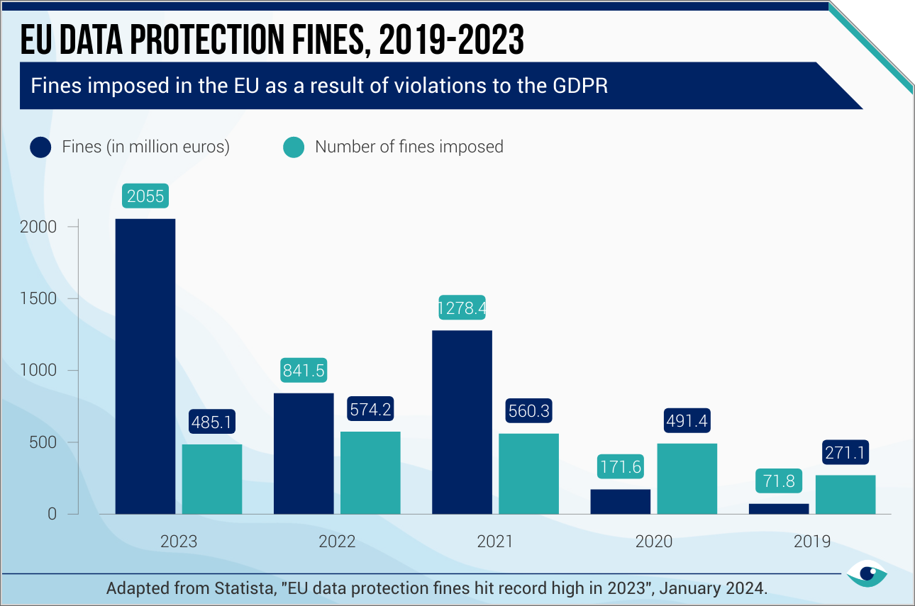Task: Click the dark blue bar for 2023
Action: [145, 366]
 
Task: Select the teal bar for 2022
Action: [370, 472]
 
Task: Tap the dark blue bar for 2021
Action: [462, 422]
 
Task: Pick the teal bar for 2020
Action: [687, 478]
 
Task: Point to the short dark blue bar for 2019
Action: [779, 508]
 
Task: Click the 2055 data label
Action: [145, 196]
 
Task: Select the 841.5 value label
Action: [304, 371]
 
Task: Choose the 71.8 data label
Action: [779, 482]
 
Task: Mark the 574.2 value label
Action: [370, 410]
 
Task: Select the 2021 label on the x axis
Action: [495, 542]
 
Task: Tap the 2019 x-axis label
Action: [812, 542]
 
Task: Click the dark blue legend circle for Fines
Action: [40, 147]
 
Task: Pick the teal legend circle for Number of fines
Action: [294, 147]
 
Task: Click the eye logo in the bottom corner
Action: [866, 573]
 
